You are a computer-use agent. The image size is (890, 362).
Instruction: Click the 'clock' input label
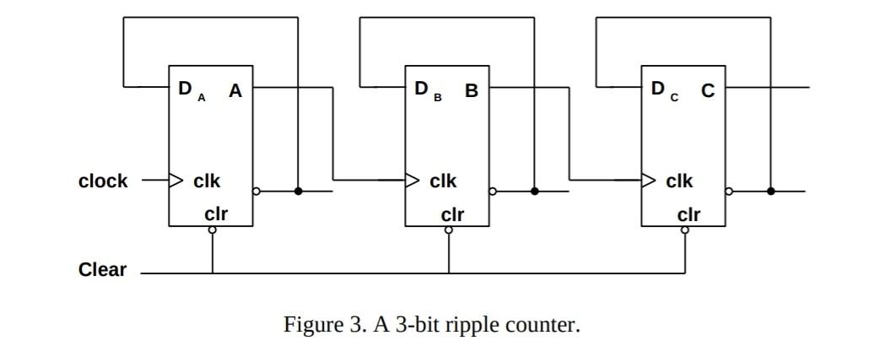pos(103,181)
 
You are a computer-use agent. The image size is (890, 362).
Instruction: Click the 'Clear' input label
pos(102,270)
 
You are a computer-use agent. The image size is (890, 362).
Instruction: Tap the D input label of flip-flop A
pos(185,89)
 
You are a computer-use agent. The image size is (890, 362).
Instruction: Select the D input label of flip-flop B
pos(421,89)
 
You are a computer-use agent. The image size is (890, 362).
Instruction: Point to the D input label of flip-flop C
pos(657,89)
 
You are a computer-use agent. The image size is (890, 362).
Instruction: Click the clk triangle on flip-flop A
pos(175,180)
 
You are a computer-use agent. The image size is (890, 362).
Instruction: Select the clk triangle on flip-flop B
pos(412,180)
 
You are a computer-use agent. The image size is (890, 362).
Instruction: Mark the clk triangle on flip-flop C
pos(648,180)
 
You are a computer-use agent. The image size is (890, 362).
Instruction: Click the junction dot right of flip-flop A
pos(298,192)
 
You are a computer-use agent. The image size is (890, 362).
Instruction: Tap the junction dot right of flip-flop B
pos(534,192)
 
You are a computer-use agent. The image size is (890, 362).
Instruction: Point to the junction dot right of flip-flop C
pos(770,192)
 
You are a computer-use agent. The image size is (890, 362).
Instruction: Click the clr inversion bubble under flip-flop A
pos(212,230)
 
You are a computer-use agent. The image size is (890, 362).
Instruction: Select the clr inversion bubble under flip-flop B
pos(448,230)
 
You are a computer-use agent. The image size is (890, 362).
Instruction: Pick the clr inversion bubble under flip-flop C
pos(684,230)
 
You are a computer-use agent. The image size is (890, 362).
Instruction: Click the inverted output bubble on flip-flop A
pos(256,192)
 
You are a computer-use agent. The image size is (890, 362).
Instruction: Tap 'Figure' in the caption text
pos(310,326)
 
